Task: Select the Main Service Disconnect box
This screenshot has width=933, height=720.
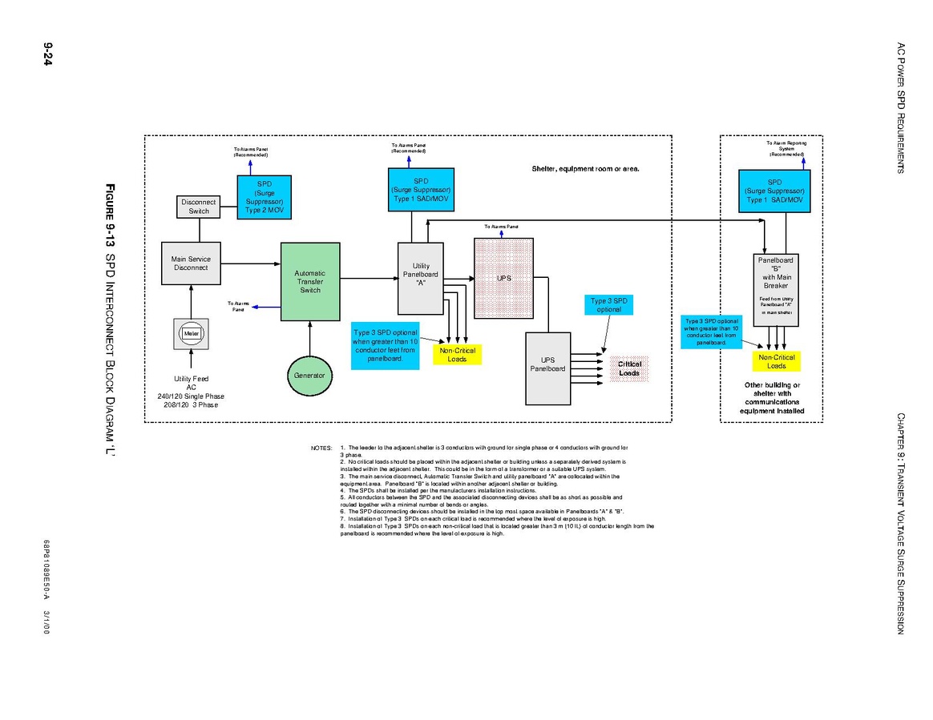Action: pos(190,263)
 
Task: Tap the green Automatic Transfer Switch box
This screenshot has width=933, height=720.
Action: pos(310,281)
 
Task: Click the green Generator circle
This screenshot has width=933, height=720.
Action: pos(309,375)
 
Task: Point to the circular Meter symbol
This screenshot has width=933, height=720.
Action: pos(191,333)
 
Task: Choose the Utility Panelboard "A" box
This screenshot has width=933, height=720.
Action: pos(421,278)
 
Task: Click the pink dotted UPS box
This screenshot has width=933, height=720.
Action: pos(503,278)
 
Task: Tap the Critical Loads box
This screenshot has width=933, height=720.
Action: pos(629,368)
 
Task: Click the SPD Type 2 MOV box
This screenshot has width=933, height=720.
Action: pos(265,197)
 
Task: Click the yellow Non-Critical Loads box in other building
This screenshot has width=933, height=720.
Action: pos(776,361)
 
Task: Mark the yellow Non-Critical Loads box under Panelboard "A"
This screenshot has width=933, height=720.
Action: pos(457,355)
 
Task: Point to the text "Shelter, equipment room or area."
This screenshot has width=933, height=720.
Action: pos(586,169)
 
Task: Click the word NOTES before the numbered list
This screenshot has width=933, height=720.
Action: pos(321,448)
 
